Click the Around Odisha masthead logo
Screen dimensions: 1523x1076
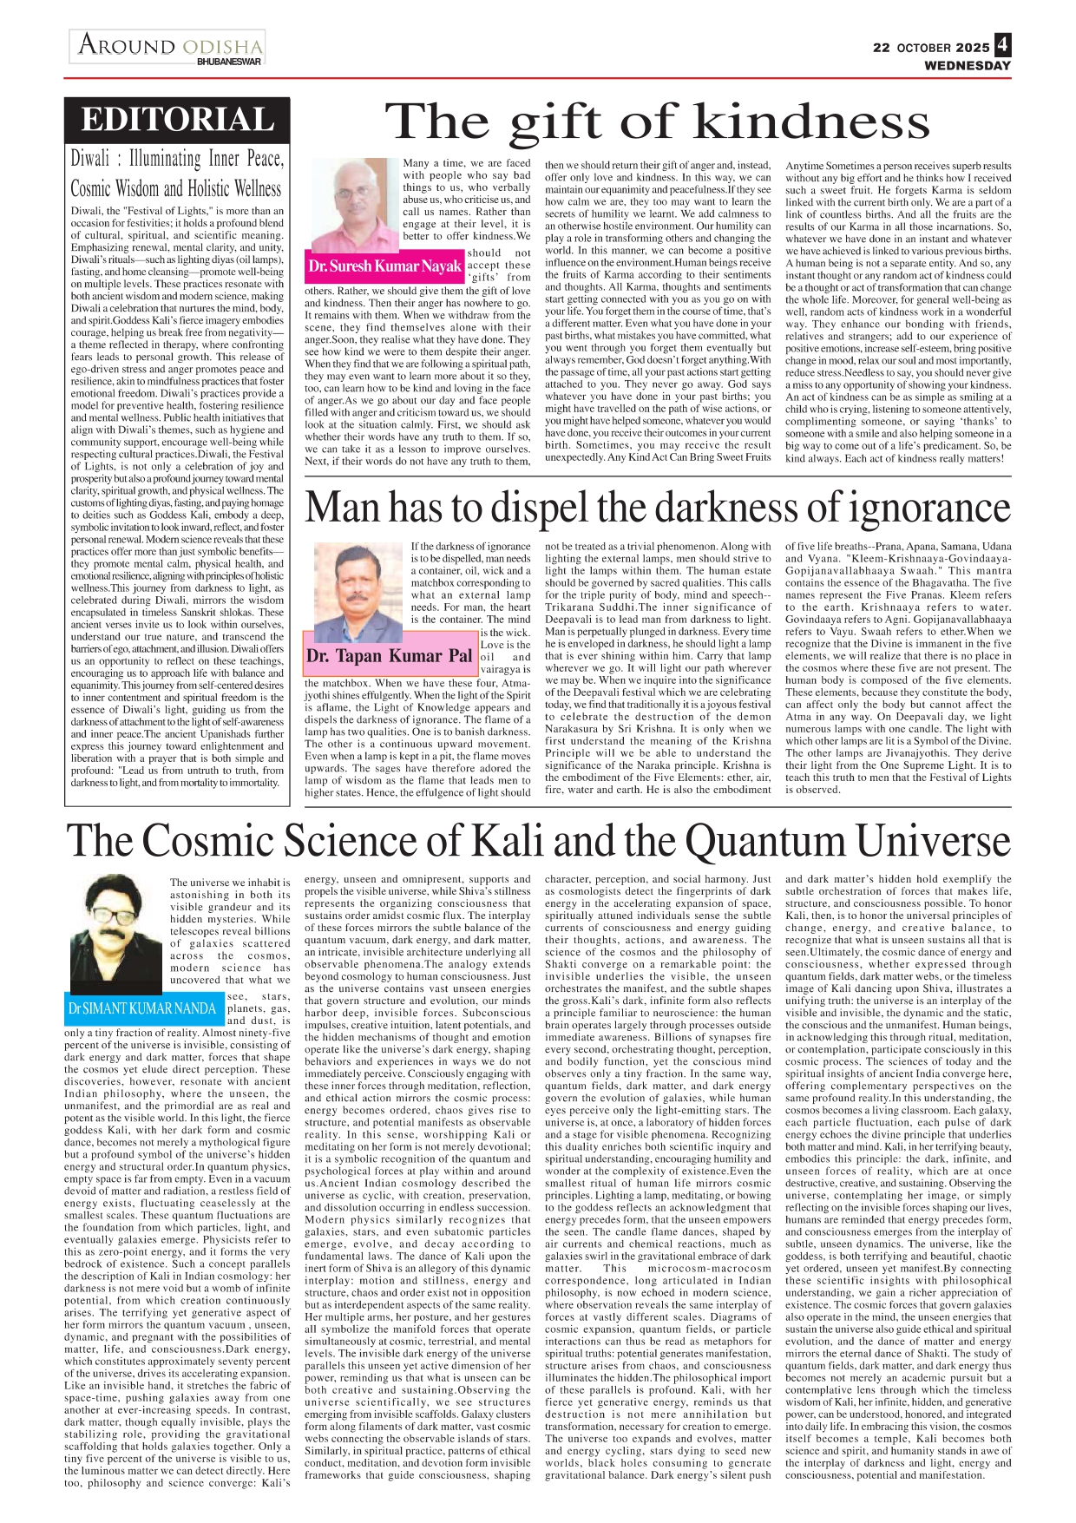[x=169, y=45]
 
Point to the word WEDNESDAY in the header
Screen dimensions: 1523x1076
[x=968, y=66]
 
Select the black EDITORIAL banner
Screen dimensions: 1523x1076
[x=177, y=120]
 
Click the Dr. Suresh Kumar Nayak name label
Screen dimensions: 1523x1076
[x=384, y=266]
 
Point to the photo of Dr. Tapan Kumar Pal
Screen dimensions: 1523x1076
[x=357, y=590]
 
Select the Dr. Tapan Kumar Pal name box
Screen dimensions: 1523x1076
[x=390, y=656]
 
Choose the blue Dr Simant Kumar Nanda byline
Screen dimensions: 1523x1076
[x=142, y=1008]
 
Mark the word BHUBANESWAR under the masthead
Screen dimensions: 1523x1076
[x=229, y=62]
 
